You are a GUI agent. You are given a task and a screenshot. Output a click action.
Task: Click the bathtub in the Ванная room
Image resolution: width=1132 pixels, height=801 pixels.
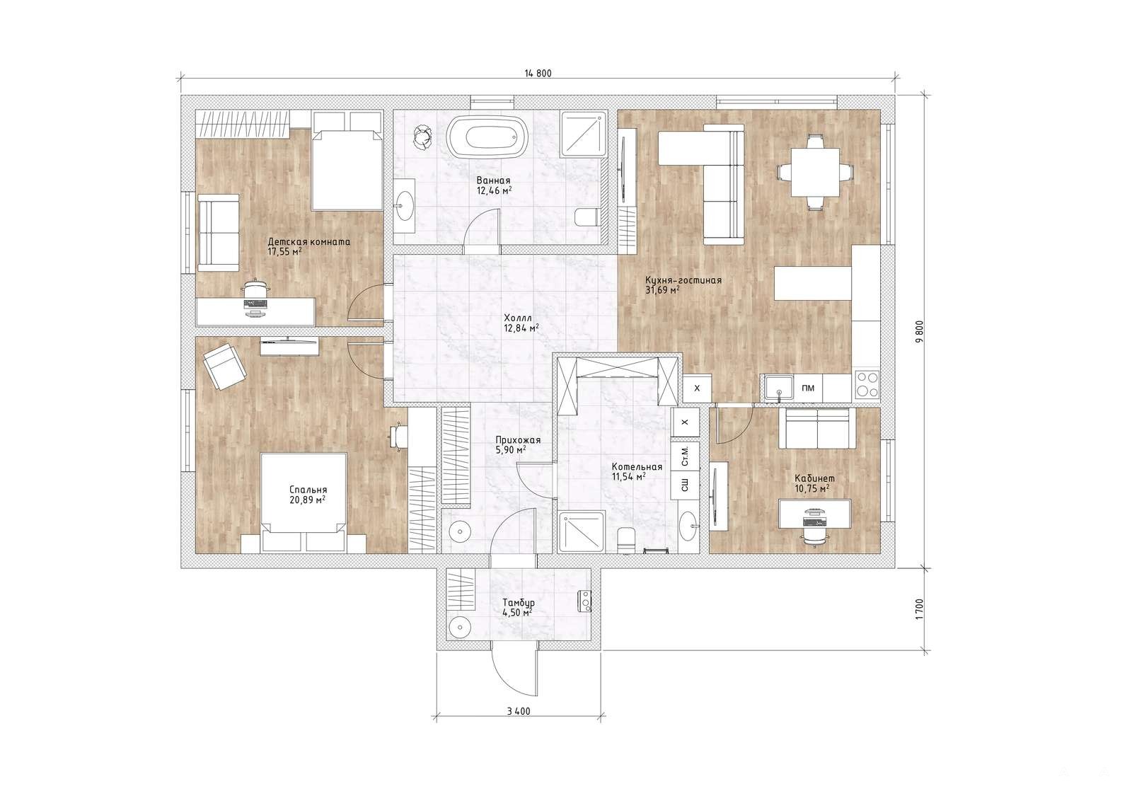click(488, 137)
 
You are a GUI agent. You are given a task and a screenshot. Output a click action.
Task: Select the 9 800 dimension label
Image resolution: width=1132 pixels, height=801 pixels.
click(919, 331)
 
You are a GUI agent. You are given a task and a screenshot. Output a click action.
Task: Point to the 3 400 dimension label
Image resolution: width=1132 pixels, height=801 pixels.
click(519, 711)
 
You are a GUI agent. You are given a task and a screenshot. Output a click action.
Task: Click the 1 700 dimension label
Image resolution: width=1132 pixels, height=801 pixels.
click(919, 609)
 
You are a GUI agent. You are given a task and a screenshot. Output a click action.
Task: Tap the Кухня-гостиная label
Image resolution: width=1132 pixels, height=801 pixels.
click(683, 280)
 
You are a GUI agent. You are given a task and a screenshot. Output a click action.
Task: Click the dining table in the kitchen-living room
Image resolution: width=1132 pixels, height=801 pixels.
click(815, 172)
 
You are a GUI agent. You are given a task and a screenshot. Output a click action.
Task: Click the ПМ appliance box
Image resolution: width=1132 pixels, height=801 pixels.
click(808, 388)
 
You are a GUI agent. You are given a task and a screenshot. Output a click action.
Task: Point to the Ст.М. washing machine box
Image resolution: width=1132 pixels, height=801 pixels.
click(686, 456)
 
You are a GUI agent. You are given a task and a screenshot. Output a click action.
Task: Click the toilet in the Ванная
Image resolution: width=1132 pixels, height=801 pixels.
click(587, 217)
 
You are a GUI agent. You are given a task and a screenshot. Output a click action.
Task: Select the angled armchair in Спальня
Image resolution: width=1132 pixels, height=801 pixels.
click(225, 367)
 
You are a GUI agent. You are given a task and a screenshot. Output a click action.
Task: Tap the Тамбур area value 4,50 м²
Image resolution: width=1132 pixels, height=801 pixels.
click(519, 613)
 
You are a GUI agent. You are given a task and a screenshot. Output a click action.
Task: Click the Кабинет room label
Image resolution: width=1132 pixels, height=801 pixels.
click(814, 478)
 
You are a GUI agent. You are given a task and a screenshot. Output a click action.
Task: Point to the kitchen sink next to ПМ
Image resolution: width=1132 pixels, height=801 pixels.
click(778, 388)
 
